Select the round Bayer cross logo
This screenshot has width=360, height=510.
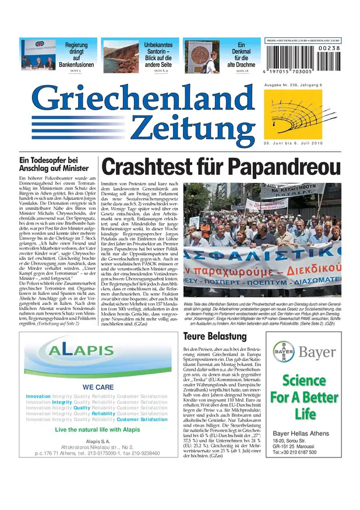[283, 353]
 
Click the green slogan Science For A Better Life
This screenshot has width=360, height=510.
[304, 397]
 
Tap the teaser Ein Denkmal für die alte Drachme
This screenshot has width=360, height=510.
[241, 54]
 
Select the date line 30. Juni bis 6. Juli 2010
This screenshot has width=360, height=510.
[293, 143]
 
